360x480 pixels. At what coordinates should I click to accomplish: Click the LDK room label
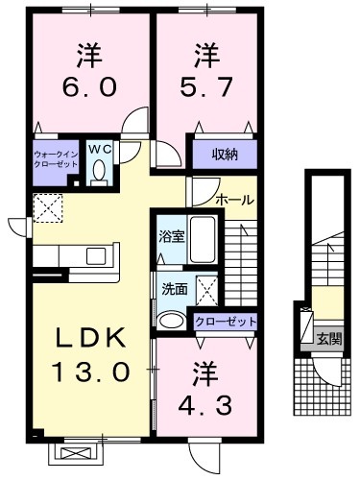click(90, 338)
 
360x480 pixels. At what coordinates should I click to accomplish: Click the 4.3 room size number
click(205, 406)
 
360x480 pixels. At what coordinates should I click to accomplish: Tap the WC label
click(100, 149)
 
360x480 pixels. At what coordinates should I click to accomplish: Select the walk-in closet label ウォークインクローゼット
click(56, 159)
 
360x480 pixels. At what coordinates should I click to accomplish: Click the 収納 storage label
click(225, 155)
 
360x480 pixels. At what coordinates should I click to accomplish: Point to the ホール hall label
click(234, 201)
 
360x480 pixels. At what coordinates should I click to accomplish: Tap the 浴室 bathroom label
click(172, 237)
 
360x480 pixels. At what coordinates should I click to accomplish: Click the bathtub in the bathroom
click(203, 239)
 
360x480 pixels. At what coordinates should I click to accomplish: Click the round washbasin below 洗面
click(172, 321)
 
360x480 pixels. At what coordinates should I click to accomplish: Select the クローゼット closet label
click(226, 321)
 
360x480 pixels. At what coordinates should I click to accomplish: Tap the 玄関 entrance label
click(329, 339)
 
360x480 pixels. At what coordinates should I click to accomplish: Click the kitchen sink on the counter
click(97, 256)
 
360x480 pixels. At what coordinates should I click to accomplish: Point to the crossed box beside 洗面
click(206, 290)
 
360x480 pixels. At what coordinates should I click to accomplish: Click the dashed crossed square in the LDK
click(48, 208)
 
